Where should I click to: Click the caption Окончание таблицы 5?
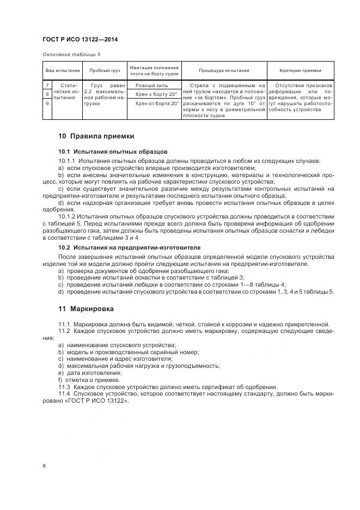pyautogui.click(x=71, y=54)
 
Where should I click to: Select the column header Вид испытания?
pyautogui.click(x=62, y=71)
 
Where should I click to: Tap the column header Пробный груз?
pyautogui.click(x=103, y=71)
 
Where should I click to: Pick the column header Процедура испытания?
pyautogui.click(x=224, y=71)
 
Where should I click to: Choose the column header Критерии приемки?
pyautogui.click(x=300, y=71)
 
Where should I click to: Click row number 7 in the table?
pyautogui.click(x=47, y=86)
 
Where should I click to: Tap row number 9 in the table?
pyautogui.click(x=47, y=103)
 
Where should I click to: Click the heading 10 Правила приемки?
pyautogui.click(x=96, y=136)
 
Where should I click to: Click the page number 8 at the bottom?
pyautogui.click(x=44, y=466)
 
